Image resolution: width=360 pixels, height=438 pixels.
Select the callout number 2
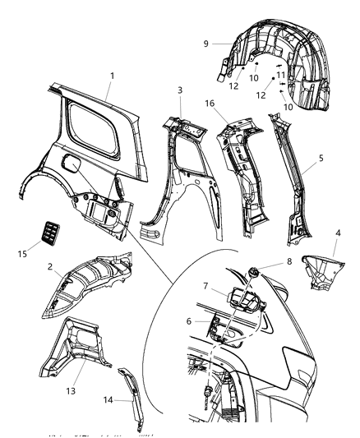(x=51, y=266)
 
